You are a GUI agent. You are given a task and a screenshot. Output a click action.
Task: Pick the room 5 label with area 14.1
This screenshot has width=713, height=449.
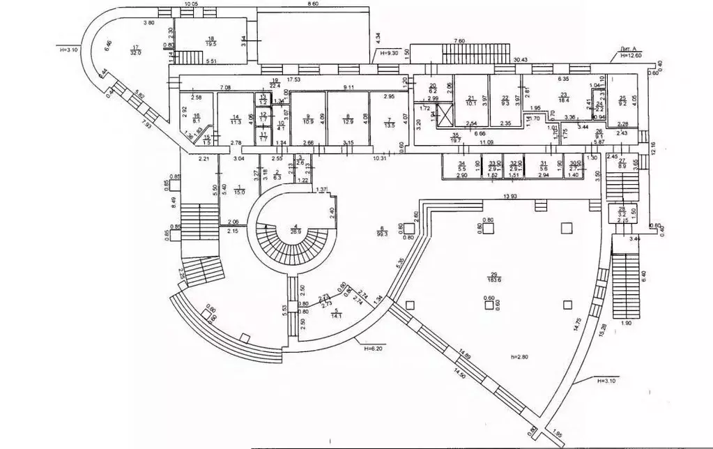pos(336,312)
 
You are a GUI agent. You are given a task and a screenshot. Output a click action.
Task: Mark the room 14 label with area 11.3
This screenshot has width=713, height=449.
pos(236,119)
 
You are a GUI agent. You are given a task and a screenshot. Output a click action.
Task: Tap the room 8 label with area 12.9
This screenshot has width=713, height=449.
pos(348,119)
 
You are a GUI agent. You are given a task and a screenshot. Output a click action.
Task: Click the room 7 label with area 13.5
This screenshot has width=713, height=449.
pos(389,123)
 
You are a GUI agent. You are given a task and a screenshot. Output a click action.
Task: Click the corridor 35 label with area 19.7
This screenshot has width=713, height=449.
pos(456,137)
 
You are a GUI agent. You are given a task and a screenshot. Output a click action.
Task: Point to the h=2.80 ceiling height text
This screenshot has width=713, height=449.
pos(519,358)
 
